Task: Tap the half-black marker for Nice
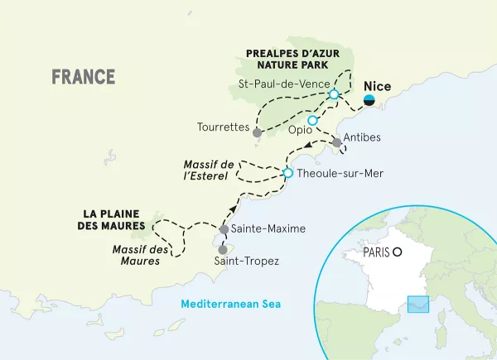(x=370, y=100)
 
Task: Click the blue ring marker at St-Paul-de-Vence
(x=333, y=94)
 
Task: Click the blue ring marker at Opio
(x=312, y=120)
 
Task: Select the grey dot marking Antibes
(x=336, y=143)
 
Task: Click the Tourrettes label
(x=224, y=127)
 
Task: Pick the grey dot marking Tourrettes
(x=258, y=132)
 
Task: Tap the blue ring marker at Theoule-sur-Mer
(x=288, y=173)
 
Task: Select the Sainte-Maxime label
(x=268, y=228)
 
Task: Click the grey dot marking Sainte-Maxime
(x=224, y=228)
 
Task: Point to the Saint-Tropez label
(x=246, y=262)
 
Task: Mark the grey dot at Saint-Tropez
(x=222, y=249)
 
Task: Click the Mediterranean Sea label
(x=232, y=304)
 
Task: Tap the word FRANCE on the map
(x=83, y=77)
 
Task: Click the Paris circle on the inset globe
(x=398, y=252)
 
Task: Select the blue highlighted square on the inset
(x=417, y=306)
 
